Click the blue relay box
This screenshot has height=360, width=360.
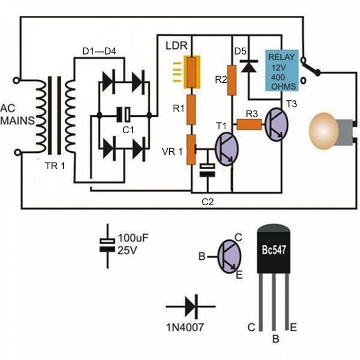tap(282, 70)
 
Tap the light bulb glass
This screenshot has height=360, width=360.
tap(323, 131)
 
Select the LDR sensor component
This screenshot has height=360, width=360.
tap(191, 72)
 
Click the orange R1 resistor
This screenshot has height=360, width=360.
tap(191, 110)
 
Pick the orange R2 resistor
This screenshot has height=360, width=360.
tap(231, 80)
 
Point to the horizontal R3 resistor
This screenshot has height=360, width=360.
tap(249, 124)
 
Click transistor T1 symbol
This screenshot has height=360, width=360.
tap(226, 149)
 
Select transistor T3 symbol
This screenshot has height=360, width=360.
tap(277, 124)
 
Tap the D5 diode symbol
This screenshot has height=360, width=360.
tap(249, 66)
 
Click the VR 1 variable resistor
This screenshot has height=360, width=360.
tap(191, 150)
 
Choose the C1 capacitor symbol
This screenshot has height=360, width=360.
tap(123, 115)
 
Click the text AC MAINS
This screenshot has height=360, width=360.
tap(17, 114)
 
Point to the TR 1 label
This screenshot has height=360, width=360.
tap(56, 166)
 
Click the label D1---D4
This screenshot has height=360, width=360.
tap(99, 51)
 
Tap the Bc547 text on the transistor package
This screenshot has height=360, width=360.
tap(274, 249)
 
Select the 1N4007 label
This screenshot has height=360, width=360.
tap(185, 327)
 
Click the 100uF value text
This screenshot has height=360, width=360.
tap(133, 238)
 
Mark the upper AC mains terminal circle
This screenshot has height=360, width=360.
tap(16, 81)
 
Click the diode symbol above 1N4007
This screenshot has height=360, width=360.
tap(191, 307)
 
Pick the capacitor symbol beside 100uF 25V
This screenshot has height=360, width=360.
tap(107, 246)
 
